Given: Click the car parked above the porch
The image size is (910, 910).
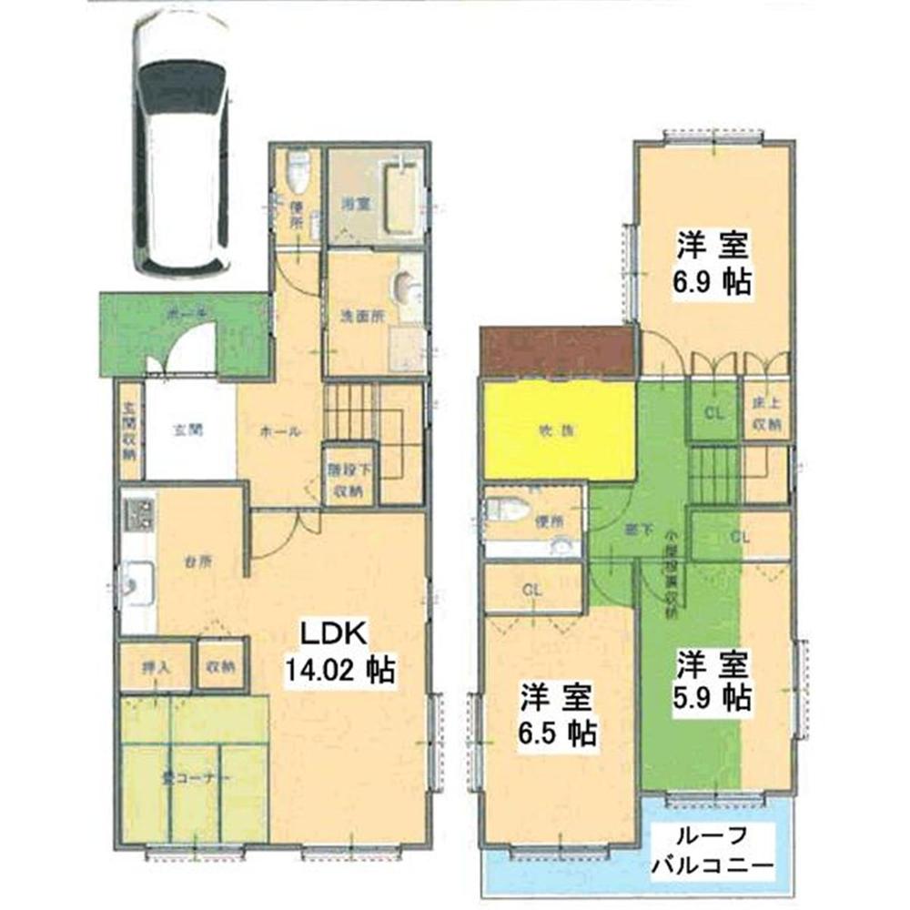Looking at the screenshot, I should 181,146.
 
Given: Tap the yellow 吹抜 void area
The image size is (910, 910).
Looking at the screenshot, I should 559,431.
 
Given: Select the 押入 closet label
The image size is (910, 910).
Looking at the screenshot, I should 155,667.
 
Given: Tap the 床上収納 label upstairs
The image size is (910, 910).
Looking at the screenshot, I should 766,414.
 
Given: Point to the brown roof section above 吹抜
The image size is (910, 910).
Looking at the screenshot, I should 557,350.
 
